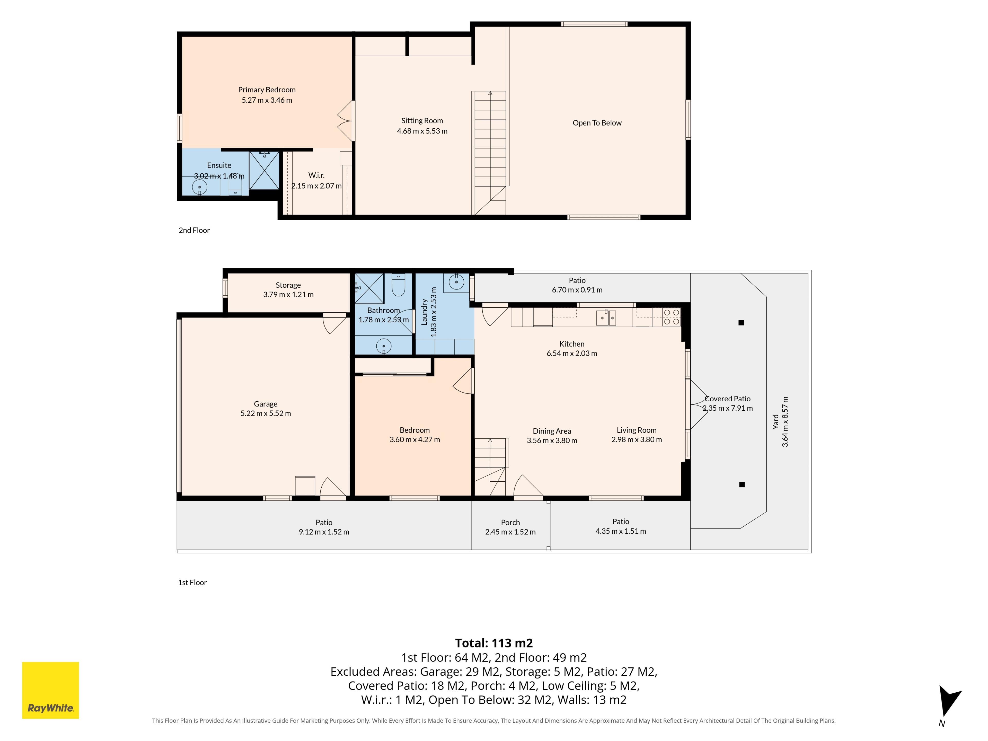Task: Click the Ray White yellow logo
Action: click(x=50, y=690)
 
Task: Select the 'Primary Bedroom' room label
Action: click(x=267, y=90)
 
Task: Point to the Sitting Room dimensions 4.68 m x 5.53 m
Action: click(x=422, y=131)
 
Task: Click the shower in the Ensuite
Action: click(x=264, y=170)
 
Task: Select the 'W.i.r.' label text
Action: click(x=316, y=175)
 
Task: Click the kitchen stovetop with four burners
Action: click(x=671, y=317)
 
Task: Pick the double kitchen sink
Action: click(x=606, y=317)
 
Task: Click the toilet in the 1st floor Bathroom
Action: click(x=398, y=285)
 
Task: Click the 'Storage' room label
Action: click(x=288, y=285)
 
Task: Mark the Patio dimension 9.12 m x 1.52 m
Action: click(x=324, y=532)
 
